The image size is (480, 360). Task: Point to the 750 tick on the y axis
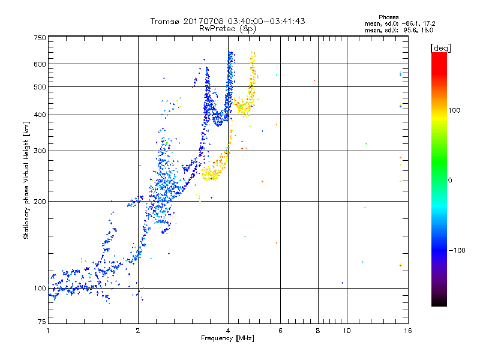40,37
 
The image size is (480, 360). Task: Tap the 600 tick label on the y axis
40,64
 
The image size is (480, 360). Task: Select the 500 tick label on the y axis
40,87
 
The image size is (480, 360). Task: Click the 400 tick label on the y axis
40,115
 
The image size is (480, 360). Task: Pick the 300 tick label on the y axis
40,151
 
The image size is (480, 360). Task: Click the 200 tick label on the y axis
40,202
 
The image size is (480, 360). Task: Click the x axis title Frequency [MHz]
227,338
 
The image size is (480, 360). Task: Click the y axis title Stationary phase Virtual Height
26,180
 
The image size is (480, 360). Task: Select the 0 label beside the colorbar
450,180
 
